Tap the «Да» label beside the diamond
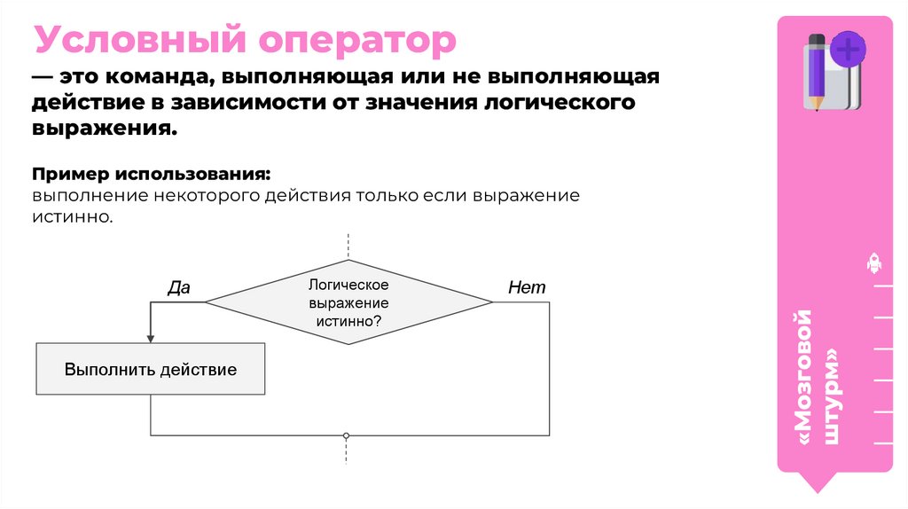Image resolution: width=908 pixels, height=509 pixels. point(179,287)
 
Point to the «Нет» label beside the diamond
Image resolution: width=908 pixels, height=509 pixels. point(527,287)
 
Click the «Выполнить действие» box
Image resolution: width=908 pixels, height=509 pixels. point(150,369)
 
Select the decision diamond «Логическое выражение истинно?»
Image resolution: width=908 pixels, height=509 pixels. point(348,302)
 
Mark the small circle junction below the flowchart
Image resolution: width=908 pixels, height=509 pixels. point(347,435)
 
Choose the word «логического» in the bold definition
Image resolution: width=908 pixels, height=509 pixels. point(560,103)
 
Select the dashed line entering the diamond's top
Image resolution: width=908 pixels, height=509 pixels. point(348,246)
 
